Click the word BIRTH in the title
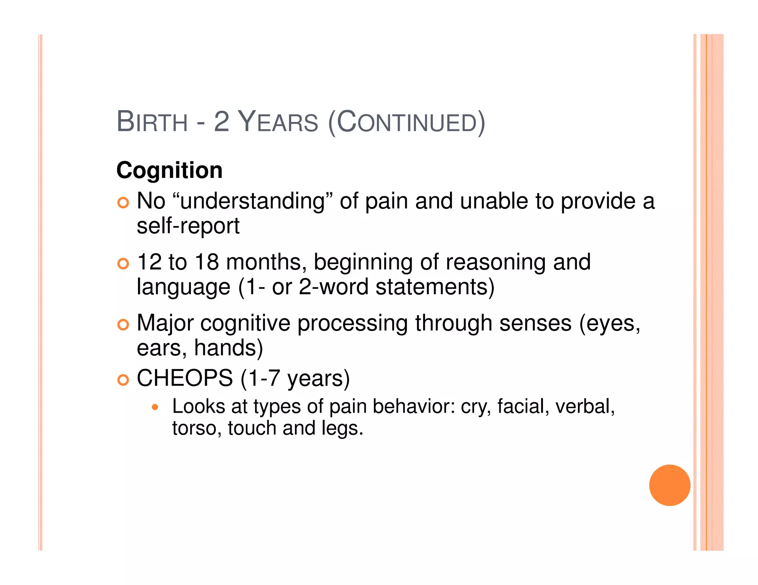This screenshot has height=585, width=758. coord(152,122)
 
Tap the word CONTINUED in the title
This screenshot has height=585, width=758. coord(406,122)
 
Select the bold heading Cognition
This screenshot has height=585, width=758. coord(170,170)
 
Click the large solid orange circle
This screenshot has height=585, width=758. coord(670,485)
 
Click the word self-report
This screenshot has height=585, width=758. coord(188,226)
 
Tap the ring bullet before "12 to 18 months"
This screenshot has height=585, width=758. coord(123,264)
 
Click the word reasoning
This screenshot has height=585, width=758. coord(496,262)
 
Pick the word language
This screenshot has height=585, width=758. coord(183,287)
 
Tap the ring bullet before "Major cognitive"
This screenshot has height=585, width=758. coord(123,325)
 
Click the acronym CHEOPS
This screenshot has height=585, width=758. coord(185,378)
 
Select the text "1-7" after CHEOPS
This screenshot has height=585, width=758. coord(264,378)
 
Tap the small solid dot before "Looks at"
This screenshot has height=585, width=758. coord(155,408)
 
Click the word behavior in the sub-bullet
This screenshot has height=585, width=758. coord(413,406)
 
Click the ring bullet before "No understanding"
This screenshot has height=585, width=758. coord(123,203)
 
